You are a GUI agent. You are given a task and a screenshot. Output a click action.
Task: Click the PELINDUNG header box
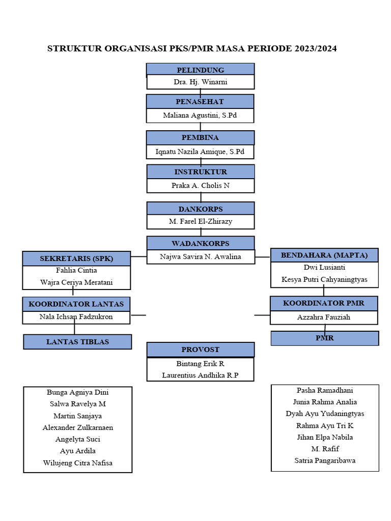[x=200, y=70]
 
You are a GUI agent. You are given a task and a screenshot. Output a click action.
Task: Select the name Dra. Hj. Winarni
[x=200, y=82]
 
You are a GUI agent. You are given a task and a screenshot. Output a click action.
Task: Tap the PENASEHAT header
[x=200, y=101]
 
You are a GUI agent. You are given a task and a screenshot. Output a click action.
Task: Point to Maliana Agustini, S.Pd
[x=200, y=115]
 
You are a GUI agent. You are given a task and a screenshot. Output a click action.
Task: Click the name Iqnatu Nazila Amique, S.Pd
[x=200, y=152]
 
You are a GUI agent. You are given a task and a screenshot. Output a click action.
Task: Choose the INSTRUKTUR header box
[x=200, y=172]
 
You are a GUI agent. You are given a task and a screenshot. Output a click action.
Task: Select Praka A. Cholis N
[x=200, y=186]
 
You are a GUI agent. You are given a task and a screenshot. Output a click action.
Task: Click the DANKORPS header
[x=200, y=209]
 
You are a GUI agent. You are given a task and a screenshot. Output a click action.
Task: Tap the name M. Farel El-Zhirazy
[x=200, y=222]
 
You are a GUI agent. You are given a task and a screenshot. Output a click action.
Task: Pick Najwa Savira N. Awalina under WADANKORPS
[x=200, y=257]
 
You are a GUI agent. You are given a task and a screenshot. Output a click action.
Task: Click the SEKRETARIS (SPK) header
[x=76, y=258]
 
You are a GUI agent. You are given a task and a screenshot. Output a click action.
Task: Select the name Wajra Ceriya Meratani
[x=76, y=282]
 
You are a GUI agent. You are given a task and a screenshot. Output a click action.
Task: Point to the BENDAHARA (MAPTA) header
[x=324, y=255]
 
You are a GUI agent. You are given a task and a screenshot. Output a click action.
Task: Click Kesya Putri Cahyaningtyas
[x=324, y=279]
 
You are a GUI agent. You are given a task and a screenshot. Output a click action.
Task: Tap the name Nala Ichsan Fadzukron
[x=76, y=317]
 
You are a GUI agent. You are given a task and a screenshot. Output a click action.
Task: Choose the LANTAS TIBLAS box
[x=77, y=342]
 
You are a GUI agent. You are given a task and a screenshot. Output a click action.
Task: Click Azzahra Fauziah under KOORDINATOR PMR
[x=324, y=317]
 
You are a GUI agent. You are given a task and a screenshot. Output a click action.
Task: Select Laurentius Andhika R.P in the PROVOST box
[x=200, y=375]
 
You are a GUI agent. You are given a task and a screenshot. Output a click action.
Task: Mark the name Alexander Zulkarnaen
[x=78, y=427]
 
